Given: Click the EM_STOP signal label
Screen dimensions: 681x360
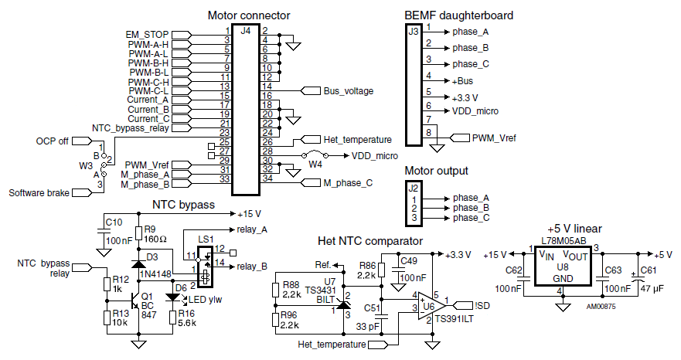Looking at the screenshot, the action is (147, 35).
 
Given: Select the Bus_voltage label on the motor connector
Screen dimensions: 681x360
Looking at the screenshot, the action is (349, 91).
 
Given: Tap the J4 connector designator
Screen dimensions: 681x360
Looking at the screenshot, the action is (245, 31).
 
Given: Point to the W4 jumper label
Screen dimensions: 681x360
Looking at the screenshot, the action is (315, 165).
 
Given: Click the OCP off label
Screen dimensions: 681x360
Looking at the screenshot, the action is (52, 141).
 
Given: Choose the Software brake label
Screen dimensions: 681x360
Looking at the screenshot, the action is (39, 193).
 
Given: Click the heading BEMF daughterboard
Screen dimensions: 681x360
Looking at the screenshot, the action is (458, 15).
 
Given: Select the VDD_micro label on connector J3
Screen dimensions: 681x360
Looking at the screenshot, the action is (475, 111).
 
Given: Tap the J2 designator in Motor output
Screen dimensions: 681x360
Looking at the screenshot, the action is (413, 188).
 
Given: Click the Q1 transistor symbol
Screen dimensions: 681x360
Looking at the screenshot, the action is (134, 301).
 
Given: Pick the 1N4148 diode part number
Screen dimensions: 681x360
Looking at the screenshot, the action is (155, 273).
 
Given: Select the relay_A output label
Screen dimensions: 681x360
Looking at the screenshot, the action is (252, 229).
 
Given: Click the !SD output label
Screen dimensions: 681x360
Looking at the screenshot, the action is (482, 306).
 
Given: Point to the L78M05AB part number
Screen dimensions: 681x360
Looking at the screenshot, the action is (564, 242).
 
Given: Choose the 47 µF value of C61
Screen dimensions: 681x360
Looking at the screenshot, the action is (652, 288).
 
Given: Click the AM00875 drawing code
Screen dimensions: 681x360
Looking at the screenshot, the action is (601, 307).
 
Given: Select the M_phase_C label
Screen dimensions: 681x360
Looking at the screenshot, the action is (348, 183).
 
